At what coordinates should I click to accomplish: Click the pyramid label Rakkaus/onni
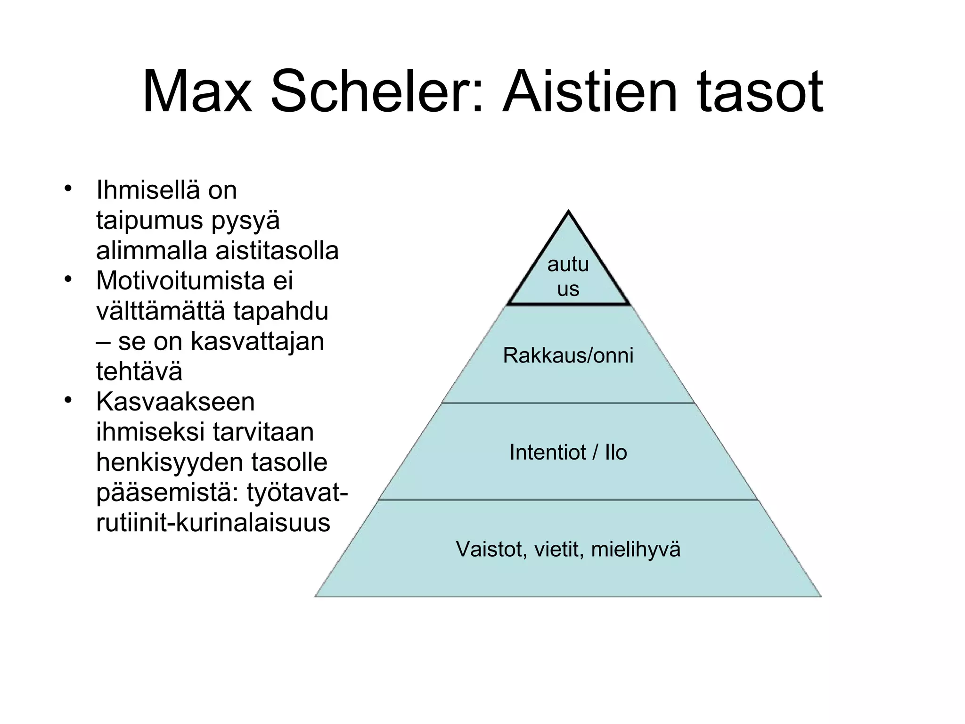click(x=568, y=355)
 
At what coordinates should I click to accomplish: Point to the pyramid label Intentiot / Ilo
click(x=568, y=452)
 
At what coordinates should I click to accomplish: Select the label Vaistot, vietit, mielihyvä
click(x=568, y=550)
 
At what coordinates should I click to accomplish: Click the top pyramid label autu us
click(x=568, y=277)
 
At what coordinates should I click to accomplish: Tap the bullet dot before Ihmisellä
click(x=68, y=189)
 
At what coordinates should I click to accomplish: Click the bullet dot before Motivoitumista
click(x=68, y=280)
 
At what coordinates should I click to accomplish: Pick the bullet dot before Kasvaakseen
click(x=68, y=401)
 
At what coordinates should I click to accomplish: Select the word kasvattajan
click(x=257, y=341)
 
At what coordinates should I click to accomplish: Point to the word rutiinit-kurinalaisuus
click(x=213, y=523)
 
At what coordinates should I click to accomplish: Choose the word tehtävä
click(x=139, y=371)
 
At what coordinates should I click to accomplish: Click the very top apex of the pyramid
click(x=568, y=212)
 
